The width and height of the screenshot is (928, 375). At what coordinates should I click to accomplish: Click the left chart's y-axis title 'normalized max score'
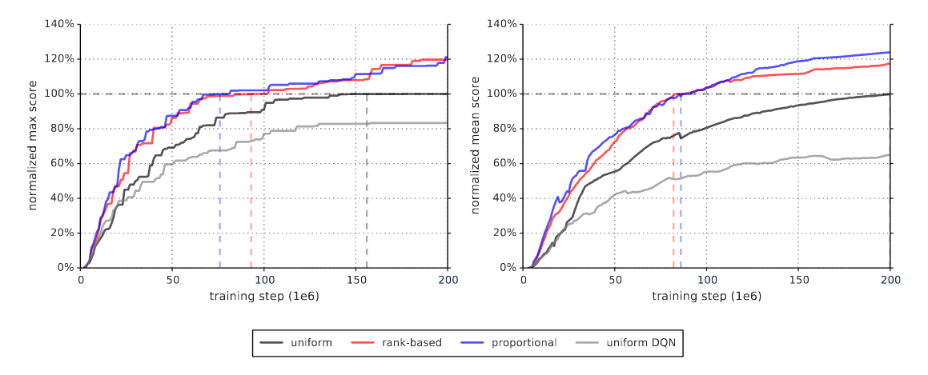coord(33,145)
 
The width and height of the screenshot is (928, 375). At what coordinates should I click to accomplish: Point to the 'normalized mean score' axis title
coord(475,145)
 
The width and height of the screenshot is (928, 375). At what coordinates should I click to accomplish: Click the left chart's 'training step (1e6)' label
coord(264,296)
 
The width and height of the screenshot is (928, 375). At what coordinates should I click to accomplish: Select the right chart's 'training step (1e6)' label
coord(706,296)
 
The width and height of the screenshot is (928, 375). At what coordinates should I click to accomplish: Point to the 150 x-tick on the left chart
coord(356,280)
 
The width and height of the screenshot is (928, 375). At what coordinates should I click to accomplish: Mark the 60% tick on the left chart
coord(63,163)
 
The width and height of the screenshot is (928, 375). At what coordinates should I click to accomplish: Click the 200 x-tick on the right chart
coord(890,280)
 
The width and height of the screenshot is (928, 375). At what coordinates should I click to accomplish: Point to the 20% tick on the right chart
coord(505,233)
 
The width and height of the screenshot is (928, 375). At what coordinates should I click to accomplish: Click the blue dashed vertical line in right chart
coord(681,184)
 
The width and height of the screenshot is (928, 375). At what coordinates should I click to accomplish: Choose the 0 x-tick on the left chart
coord(81,280)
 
